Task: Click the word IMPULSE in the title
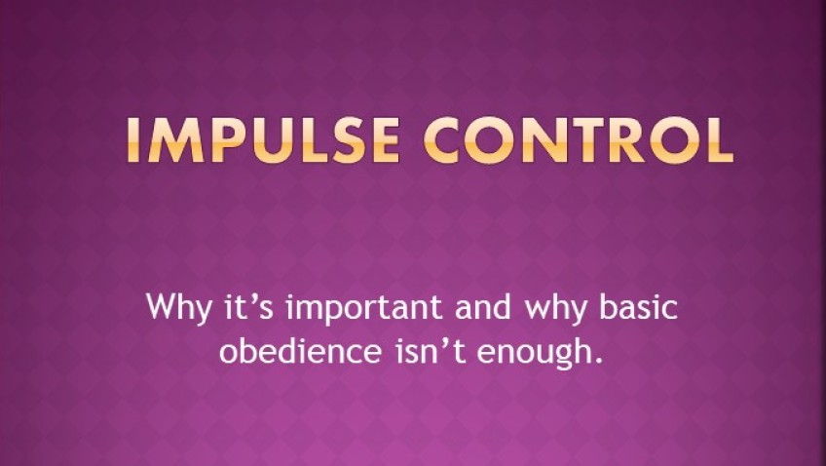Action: (x=262, y=139)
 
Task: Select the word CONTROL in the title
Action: (x=579, y=139)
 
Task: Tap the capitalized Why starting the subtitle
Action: (x=178, y=308)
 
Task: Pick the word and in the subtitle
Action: (x=483, y=306)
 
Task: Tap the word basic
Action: (x=638, y=306)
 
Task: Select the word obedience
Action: (x=300, y=351)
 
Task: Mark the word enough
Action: (x=533, y=353)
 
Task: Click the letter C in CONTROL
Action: (x=445, y=139)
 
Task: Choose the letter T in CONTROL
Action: (x=585, y=139)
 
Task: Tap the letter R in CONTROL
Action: (x=626, y=139)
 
